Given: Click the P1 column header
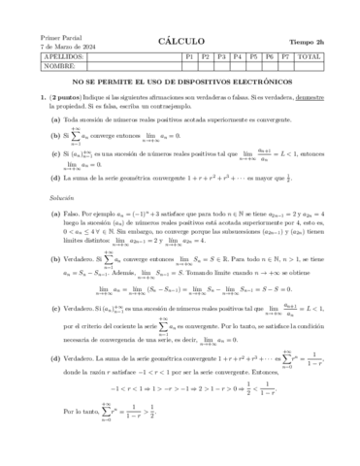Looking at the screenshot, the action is coord(189,57).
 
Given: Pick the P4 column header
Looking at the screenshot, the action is coord(237,57).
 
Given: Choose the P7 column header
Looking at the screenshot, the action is coord(284,57).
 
